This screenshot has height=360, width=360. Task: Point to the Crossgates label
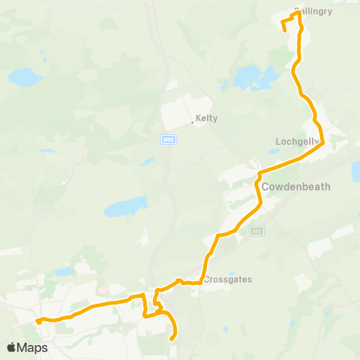point(227,280)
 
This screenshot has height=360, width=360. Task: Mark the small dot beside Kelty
point(192,121)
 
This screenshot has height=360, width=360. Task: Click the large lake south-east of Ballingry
point(253,76)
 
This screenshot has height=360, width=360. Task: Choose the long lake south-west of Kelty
point(125,207)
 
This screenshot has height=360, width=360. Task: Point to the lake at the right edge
point(355,170)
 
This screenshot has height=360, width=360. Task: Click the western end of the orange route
point(36,320)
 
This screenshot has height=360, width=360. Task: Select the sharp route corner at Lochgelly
point(322,144)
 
